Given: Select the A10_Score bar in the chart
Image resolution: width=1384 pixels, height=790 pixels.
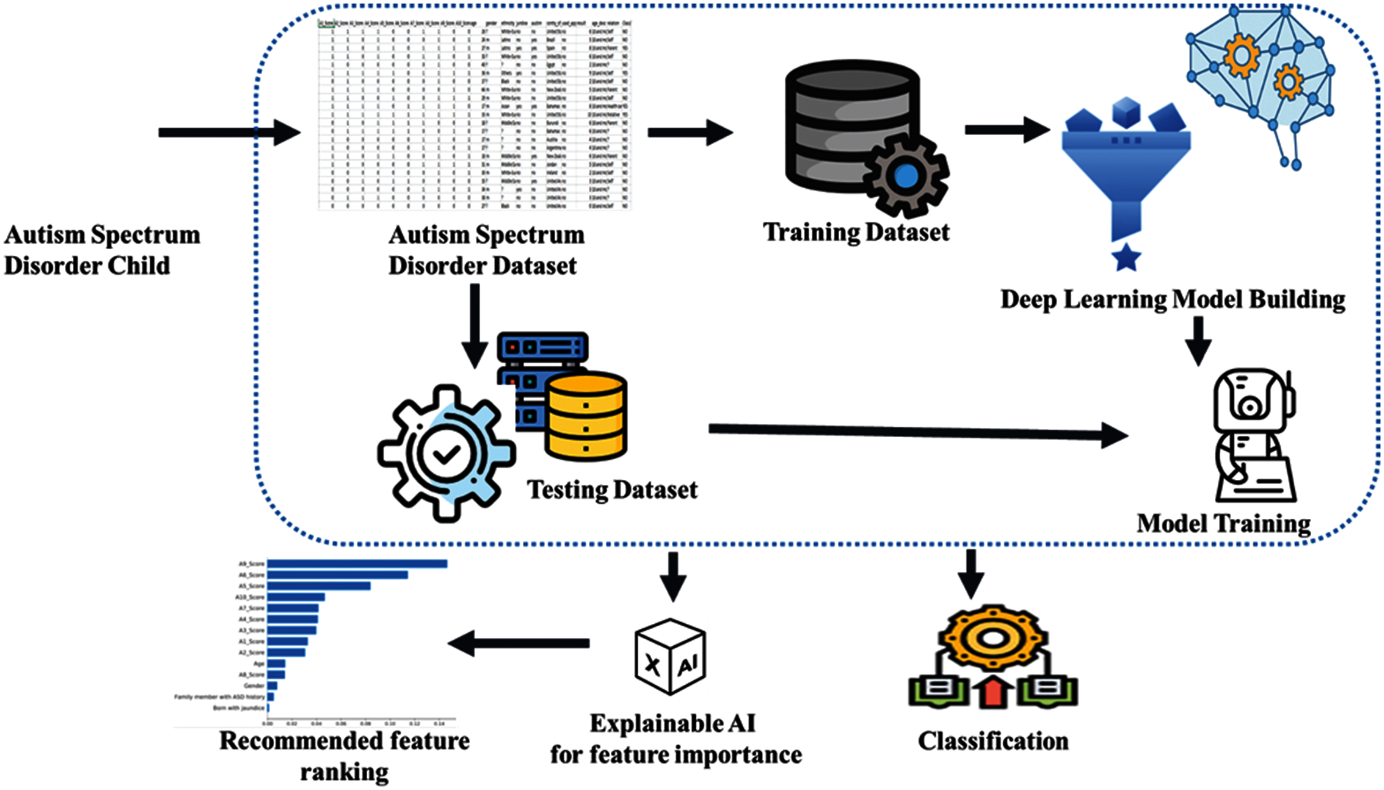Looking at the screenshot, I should coord(296,597).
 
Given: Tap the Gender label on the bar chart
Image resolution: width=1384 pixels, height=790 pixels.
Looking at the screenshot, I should coord(254,686).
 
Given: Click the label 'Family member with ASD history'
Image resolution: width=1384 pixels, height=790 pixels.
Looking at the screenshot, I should coord(219,697).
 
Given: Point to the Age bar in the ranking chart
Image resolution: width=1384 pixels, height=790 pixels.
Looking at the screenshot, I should coord(276,663).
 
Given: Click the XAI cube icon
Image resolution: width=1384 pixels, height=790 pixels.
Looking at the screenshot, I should coord(670,657).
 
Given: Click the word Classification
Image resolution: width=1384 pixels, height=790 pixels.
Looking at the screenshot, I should coord(993,741).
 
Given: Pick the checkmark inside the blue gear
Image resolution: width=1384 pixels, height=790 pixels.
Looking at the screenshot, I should coord(446,454).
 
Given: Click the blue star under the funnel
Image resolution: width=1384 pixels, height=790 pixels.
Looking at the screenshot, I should coord(1126,258).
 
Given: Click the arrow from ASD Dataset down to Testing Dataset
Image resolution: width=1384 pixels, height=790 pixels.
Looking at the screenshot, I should coord(474,326).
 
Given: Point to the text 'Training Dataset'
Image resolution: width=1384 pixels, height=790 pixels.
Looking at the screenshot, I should coord(856,232).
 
